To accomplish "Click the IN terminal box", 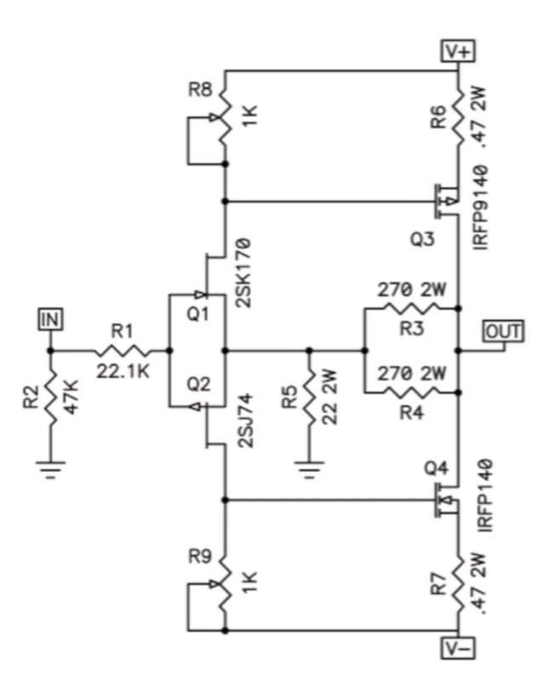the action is click(51, 319).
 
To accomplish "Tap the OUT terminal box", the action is click(504, 331).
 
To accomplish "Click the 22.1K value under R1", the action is click(123, 372).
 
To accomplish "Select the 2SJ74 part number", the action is click(246, 420).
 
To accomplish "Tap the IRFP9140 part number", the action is click(481, 208).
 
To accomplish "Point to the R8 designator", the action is click(200, 90).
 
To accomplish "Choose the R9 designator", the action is click(200, 556).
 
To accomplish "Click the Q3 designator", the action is click(422, 240).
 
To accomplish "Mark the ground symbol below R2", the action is click(51, 470).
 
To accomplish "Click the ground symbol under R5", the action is click(310, 470).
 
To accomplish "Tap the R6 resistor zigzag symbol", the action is click(459, 117).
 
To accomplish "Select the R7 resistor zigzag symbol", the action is click(459, 584).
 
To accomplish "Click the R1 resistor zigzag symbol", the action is click(123, 351).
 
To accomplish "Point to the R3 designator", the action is click(412, 329).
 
